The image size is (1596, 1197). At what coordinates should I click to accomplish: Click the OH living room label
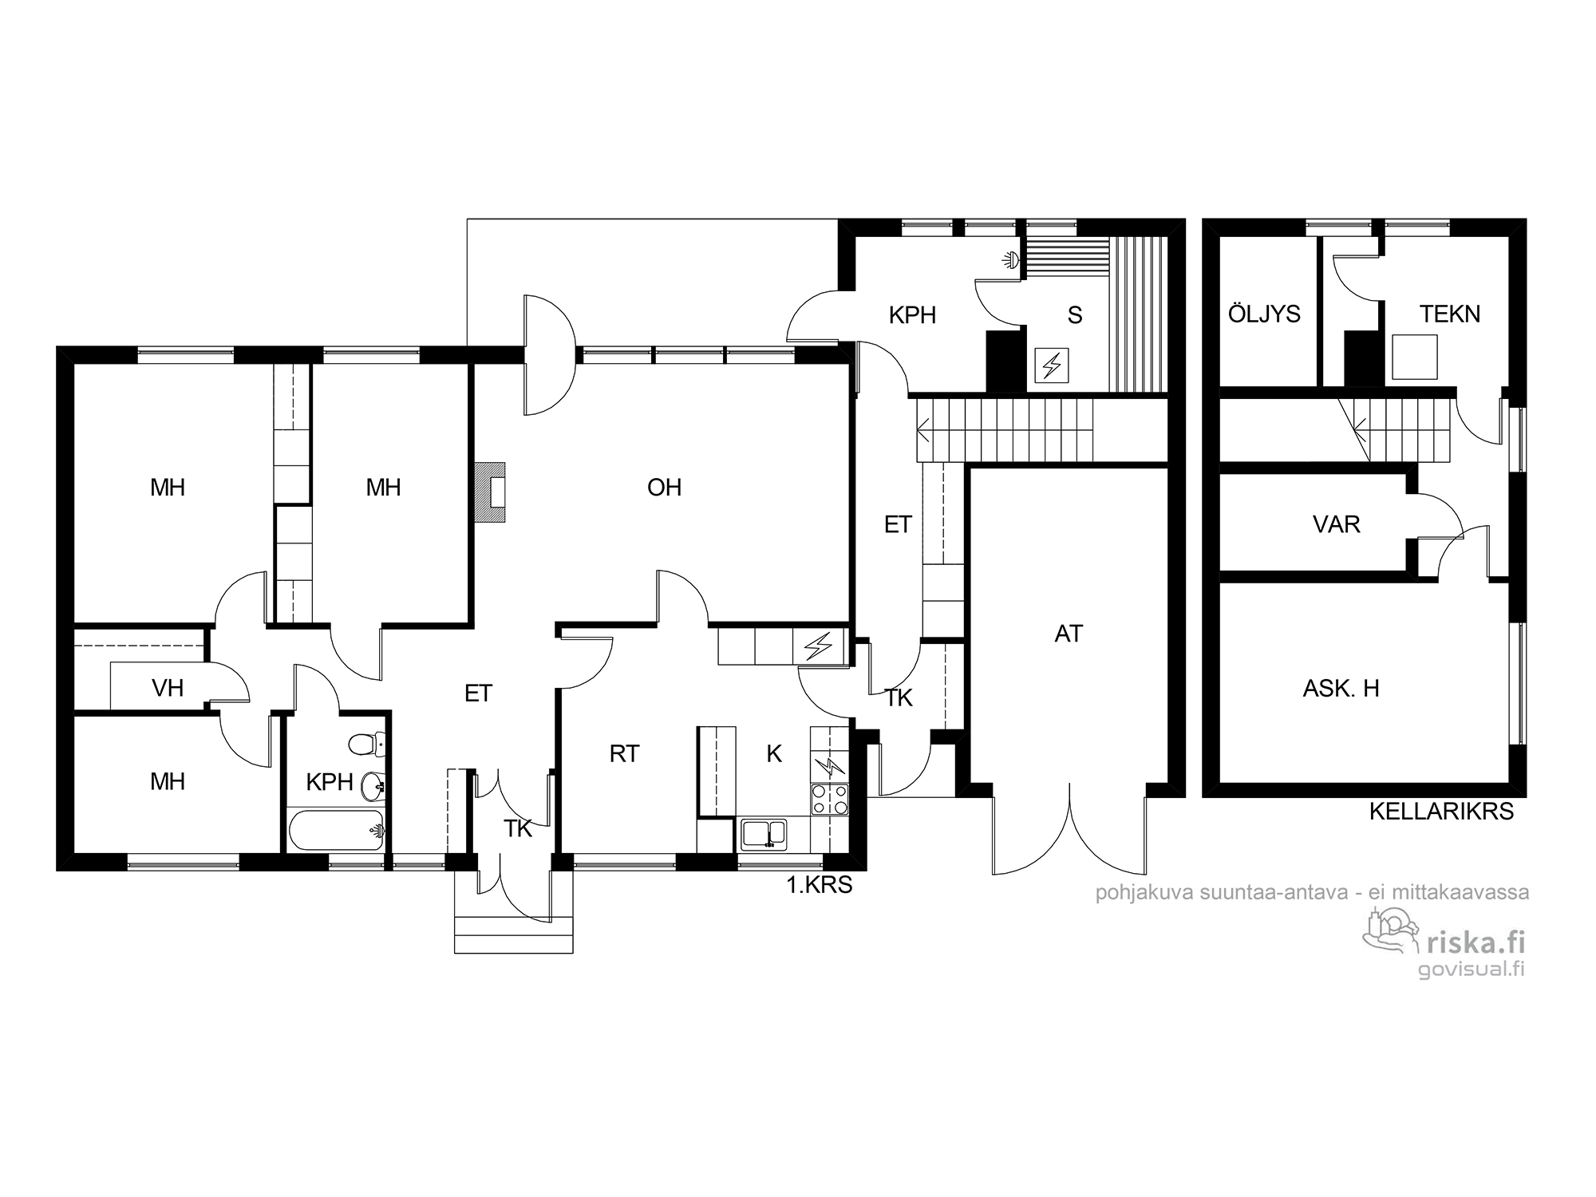click(664, 488)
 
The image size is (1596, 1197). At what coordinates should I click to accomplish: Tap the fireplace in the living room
click(490, 493)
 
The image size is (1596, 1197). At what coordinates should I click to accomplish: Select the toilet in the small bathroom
click(367, 745)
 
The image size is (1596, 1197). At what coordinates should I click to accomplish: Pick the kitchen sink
click(764, 834)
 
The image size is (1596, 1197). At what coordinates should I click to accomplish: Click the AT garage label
click(1069, 634)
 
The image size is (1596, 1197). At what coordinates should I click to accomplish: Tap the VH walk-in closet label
click(168, 688)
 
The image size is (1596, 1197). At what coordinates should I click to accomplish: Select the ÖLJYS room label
click(1264, 314)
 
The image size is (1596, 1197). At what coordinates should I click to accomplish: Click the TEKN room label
click(1449, 314)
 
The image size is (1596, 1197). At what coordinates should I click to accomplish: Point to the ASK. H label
click(1341, 688)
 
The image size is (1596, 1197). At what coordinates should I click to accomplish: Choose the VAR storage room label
click(1336, 524)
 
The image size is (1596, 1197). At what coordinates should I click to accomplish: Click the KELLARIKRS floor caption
click(1441, 812)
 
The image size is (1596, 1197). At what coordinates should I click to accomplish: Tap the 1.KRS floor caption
click(820, 885)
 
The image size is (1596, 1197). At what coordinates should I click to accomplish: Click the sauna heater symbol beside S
click(1052, 365)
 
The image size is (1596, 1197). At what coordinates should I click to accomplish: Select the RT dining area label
click(624, 753)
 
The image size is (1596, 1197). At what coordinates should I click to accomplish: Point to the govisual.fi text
click(1472, 969)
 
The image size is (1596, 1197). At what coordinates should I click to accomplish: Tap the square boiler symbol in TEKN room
click(1414, 357)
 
